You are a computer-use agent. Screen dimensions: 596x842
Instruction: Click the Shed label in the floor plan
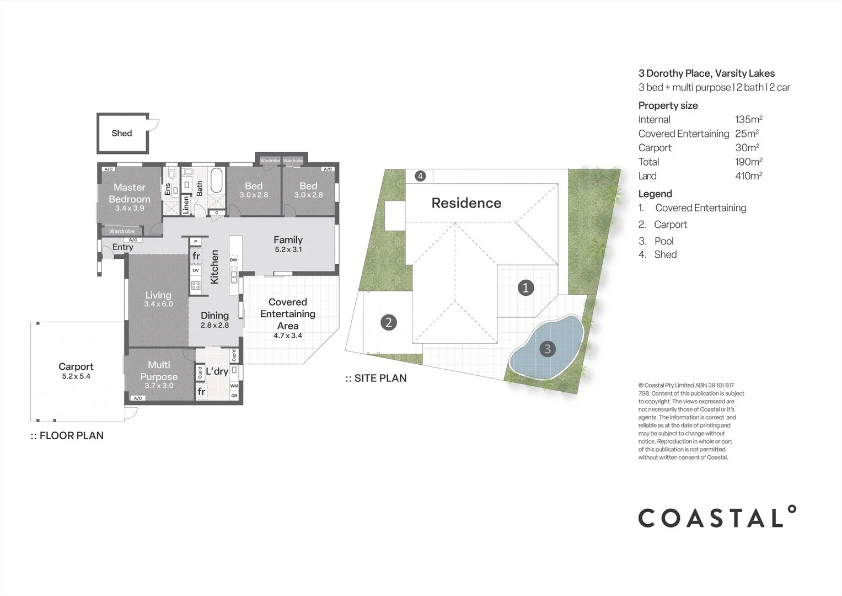pos(122,133)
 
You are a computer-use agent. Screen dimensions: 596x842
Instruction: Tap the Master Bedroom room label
pos(130,193)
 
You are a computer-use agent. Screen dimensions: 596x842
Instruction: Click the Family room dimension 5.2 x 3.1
pos(288,249)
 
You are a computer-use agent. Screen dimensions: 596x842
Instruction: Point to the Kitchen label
pos(215,267)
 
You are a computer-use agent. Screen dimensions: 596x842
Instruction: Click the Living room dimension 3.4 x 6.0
pos(158,304)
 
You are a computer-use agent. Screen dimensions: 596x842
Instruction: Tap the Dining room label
pos(214,315)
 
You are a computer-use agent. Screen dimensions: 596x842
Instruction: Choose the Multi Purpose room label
pos(159,370)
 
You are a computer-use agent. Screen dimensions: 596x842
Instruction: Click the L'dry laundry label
pos(217,371)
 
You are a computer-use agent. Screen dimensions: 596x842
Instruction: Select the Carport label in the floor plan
pos(76,366)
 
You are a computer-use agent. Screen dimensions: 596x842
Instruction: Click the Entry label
pos(122,247)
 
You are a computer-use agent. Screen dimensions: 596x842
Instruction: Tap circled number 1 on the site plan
pos(525,288)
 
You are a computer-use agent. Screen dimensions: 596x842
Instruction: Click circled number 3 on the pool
pos(547,349)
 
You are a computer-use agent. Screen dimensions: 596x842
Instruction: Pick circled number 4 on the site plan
pos(420,176)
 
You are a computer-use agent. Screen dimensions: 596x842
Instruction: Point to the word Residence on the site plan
pos(466,203)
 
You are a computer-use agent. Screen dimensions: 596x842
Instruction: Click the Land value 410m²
pos(748,176)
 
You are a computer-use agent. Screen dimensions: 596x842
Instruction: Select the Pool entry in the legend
pos(663,241)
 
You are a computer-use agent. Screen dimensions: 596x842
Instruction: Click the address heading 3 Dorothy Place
pos(706,73)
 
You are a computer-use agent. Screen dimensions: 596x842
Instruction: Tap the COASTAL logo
pos(716,517)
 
